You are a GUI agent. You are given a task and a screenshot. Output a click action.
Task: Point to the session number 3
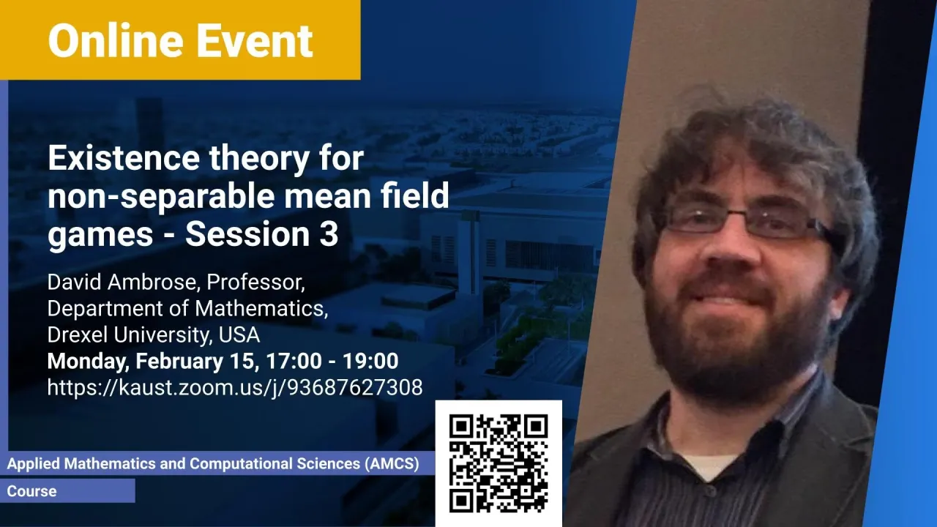[x=329, y=234]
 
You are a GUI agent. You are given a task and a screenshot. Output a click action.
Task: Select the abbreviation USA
[x=239, y=334]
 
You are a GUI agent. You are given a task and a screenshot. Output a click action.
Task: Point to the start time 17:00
[x=294, y=361]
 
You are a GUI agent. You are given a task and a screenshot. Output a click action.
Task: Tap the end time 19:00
[x=370, y=361]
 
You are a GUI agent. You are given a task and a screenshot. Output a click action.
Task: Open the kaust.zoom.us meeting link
[x=235, y=388]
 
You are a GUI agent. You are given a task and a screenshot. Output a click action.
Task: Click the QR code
[x=499, y=463]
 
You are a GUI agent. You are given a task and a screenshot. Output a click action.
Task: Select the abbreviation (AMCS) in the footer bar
[x=392, y=464]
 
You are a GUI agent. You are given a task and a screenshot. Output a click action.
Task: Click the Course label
[x=31, y=491]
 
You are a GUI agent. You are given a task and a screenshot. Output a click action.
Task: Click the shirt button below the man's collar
[x=708, y=490]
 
